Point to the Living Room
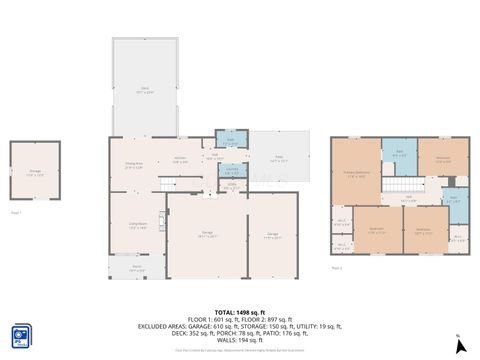[137, 226]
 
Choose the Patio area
[279, 158]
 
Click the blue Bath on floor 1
[231, 139]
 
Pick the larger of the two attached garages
[206, 236]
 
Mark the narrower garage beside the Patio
[272, 236]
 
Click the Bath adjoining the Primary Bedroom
[398, 154]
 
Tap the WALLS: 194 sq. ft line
[240, 340]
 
